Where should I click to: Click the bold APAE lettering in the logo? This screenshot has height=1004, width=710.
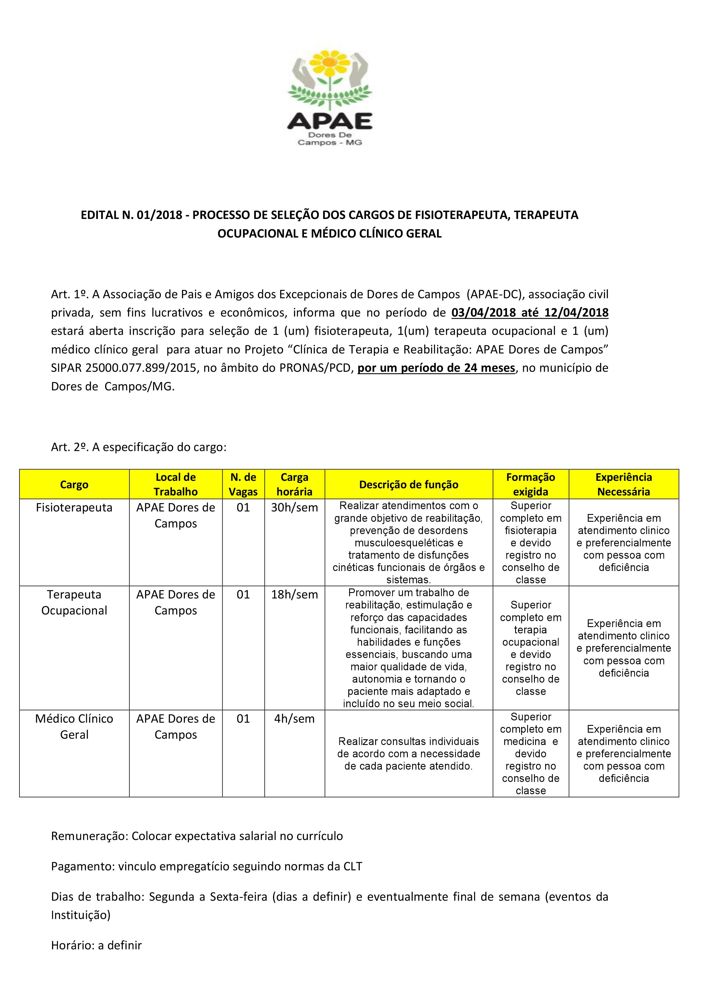click(329, 121)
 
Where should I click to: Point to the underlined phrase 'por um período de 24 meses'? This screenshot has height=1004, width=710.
click(436, 368)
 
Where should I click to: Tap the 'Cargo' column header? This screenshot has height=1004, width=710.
click(74, 485)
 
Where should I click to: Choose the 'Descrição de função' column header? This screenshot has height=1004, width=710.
click(408, 485)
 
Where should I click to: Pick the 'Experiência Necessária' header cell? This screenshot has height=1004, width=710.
click(624, 485)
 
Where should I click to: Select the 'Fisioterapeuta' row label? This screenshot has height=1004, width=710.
click(74, 508)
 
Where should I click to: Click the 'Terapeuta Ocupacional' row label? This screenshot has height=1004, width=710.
click(74, 602)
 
